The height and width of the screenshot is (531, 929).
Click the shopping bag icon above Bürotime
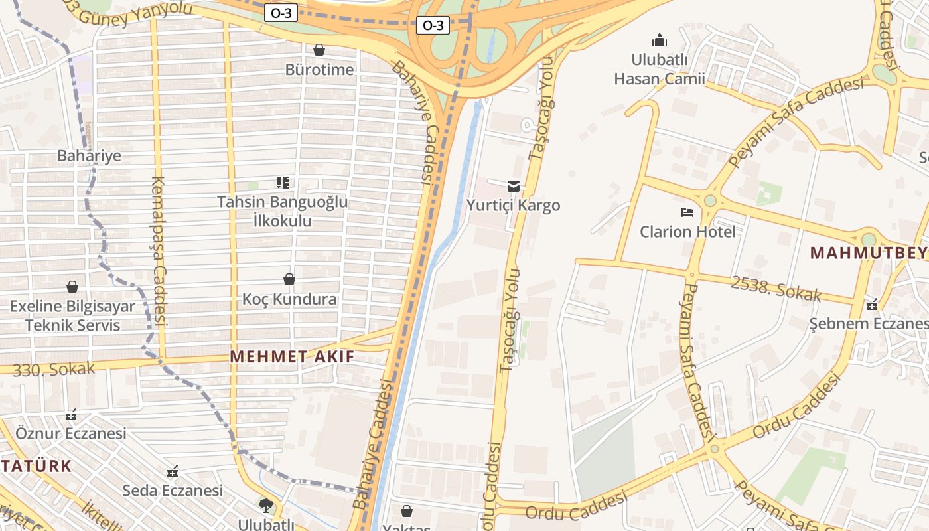[319, 50]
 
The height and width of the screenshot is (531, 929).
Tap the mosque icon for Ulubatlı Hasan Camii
[659, 40]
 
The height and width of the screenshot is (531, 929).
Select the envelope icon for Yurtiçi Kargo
[514, 186]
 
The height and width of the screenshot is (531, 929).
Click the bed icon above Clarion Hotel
[687, 212]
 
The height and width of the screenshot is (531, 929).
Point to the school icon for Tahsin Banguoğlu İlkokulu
[283, 182]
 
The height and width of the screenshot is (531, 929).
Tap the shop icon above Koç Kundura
[289, 279]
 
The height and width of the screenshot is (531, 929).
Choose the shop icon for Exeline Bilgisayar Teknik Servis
[72, 287]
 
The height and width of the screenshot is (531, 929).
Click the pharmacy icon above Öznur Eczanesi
[71, 415]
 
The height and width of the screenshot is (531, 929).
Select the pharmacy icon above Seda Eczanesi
[173, 471]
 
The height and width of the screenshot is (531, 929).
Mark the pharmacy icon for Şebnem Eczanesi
[872, 305]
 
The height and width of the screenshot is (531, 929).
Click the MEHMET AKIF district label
[292, 356]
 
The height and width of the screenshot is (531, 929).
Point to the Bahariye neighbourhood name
[90, 156]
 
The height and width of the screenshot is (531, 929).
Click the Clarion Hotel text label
[687, 232]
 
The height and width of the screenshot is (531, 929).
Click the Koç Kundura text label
[289, 299]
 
